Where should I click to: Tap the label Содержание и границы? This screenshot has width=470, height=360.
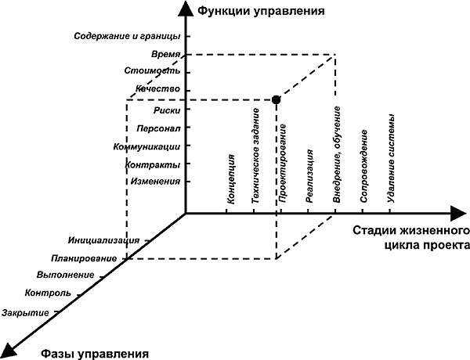point(127,37)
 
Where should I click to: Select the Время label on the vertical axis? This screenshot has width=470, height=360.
point(165,56)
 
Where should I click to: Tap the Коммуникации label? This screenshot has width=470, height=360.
point(147,146)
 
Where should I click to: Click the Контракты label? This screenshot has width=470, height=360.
point(154,165)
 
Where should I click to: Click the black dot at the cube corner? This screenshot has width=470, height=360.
point(276,99)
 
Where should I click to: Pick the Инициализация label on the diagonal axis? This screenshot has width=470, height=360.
point(103,240)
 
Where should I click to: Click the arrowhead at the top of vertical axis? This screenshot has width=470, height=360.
point(185,8)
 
